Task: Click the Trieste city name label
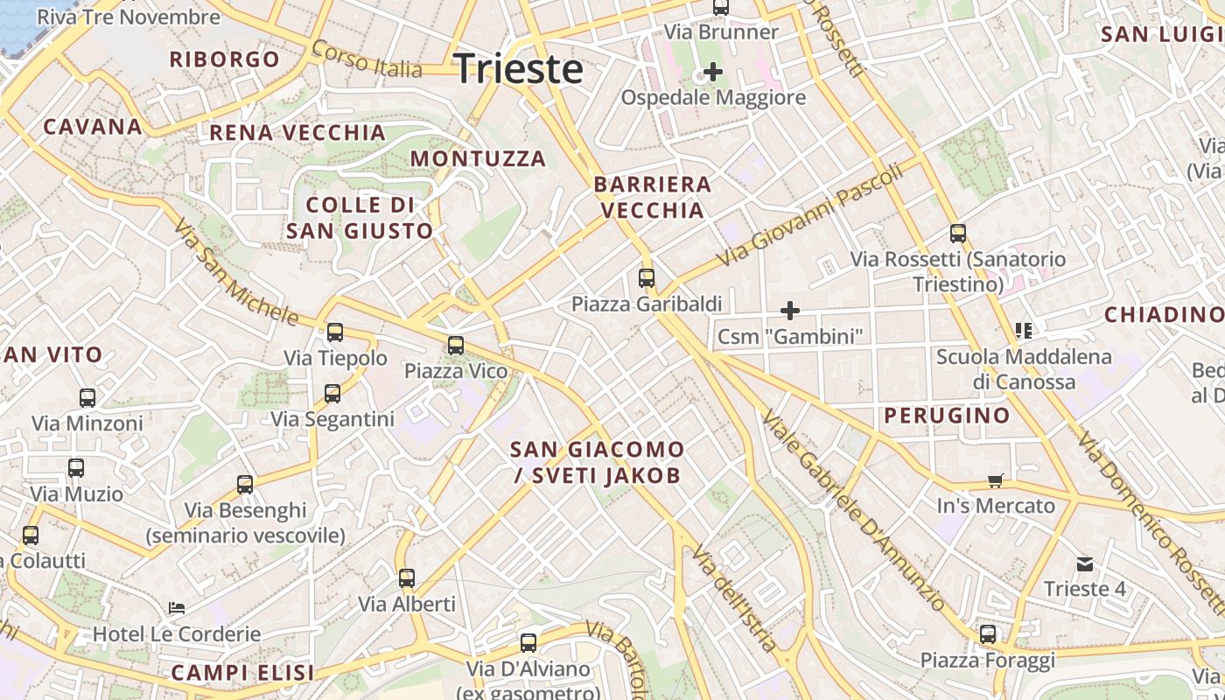pos(519,68)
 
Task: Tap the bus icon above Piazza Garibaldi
pos(647,278)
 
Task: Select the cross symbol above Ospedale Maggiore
pos(713,72)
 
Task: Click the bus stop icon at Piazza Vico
pos(456,346)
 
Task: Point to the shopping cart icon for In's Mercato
pos(995,480)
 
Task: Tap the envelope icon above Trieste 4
pos(1085,564)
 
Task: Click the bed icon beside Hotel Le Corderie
pos(177,607)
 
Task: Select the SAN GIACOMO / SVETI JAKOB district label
pos(597,462)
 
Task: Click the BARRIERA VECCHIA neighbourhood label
pos(652,197)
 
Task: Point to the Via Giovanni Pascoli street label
pos(809,216)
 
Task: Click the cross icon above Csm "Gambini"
pos(790,310)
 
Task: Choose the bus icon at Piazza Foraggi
pos(988,634)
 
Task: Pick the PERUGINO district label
pos(947,415)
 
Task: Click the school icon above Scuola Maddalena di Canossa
pos(1023,331)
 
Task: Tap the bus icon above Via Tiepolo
pos(335,332)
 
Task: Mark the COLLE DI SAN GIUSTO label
pos(360,218)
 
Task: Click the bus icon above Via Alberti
pos(407,578)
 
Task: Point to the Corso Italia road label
pos(367,59)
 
